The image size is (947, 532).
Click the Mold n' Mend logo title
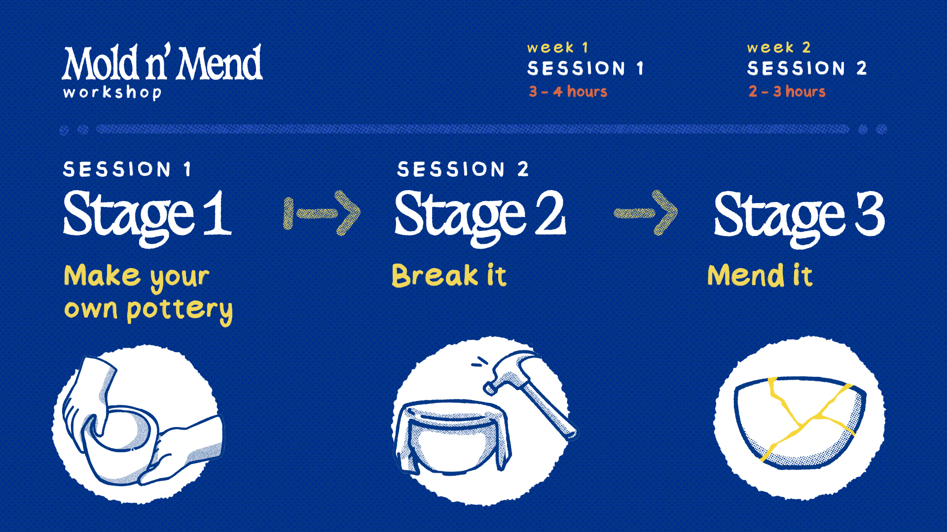162,63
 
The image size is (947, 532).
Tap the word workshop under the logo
112,92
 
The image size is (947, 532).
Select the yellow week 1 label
557,47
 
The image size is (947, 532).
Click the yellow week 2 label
778,47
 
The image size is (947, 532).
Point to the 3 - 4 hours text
568,91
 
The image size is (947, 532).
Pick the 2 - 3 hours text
787,91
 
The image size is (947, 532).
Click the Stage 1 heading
147,217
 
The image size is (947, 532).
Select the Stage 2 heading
480,217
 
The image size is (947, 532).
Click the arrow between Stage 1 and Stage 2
322,213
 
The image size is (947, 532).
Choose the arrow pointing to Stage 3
646,213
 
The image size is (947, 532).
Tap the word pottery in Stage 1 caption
180,310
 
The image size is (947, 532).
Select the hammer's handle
550,411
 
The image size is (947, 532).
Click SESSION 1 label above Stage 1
127,169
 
